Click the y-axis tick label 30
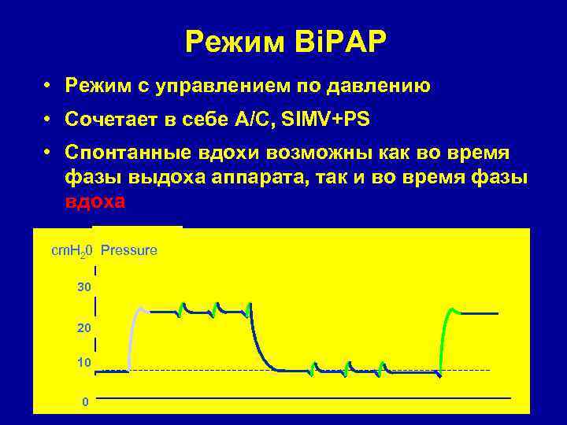[84, 288]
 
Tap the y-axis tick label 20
[84, 327]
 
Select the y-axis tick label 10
[84, 362]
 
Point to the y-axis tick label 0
[85, 401]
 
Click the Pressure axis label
[129, 250]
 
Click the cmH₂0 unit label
[72, 251]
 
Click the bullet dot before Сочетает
[48, 119]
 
